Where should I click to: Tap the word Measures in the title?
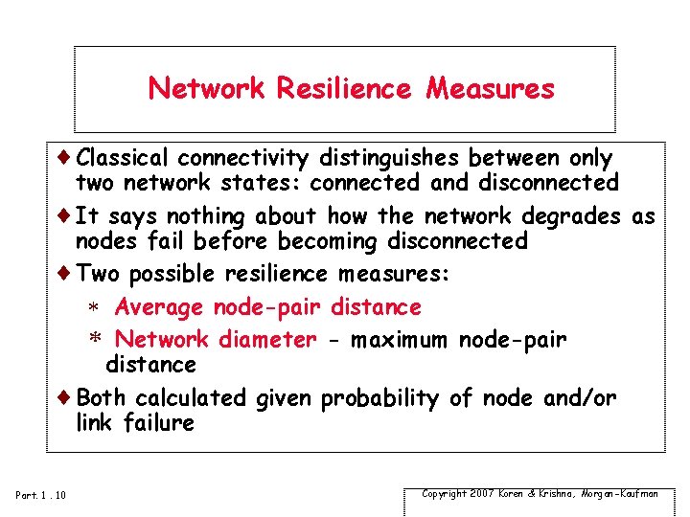(x=490, y=89)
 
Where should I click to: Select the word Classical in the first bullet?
(x=123, y=157)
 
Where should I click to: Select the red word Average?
(x=159, y=307)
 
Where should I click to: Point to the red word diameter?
(x=266, y=340)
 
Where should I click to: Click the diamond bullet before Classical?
(x=66, y=156)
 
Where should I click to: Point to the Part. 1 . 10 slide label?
(x=41, y=494)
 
